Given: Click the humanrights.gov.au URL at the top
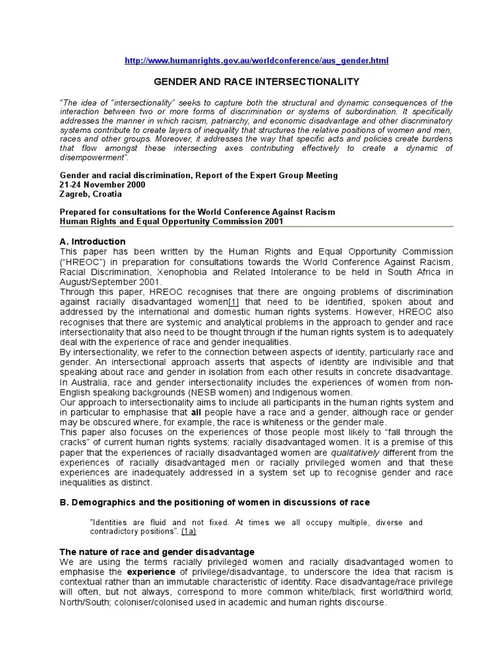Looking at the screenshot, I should tap(256, 61).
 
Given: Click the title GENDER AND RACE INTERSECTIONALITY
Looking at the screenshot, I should tap(256, 82).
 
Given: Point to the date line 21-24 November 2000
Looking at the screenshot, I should tap(102, 185).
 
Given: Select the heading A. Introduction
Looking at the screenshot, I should tap(92, 241).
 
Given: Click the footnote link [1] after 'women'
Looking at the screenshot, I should tap(234, 302).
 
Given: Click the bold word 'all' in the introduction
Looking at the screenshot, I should tap(196, 412).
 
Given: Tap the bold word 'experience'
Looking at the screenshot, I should tap(142, 572).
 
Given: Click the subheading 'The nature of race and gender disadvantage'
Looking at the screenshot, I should tap(157, 552).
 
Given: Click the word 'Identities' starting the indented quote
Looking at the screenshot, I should tap(110, 522).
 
